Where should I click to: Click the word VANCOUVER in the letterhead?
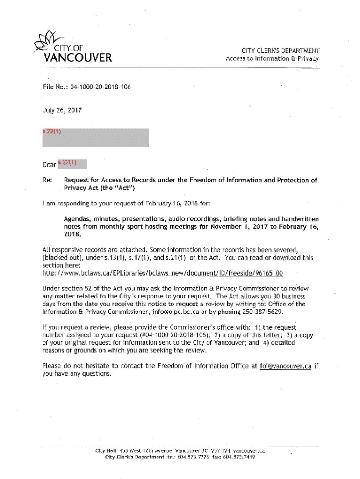click(78, 58)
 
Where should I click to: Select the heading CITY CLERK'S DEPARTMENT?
click(281, 51)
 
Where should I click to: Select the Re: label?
click(47, 180)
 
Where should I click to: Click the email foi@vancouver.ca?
click(285, 366)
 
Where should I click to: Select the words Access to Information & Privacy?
click(272, 59)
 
